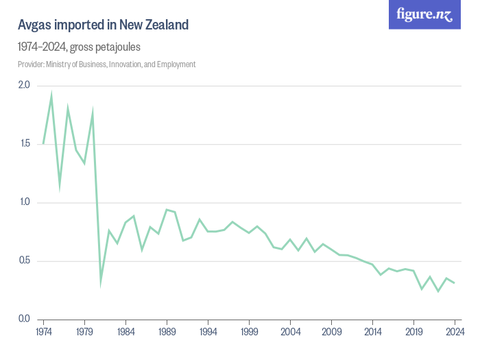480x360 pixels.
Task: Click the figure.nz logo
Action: click(x=424, y=15)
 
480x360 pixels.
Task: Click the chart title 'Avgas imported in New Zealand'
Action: click(x=103, y=25)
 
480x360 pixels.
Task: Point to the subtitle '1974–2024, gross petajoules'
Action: click(x=80, y=47)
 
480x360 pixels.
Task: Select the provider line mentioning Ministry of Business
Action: click(x=107, y=64)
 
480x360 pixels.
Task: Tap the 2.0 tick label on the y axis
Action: click(x=24, y=85)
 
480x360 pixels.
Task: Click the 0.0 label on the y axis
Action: click(x=24, y=320)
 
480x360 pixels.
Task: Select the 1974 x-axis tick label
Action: click(x=43, y=333)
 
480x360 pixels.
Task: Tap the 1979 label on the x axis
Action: click(x=84, y=333)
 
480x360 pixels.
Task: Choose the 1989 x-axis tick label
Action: click(x=167, y=333)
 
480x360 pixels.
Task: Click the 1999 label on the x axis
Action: click(x=249, y=333)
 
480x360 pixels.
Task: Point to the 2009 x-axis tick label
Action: click(x=331, y=333)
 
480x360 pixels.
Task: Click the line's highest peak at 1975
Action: click(x=51, y=94)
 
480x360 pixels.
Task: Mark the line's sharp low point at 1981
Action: click(x=101, y=282)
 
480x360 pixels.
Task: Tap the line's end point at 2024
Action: click(x=454, y=283)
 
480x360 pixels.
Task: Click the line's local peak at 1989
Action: click(x=167, y=209)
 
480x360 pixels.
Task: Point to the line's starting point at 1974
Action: click(x=43, y=144)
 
